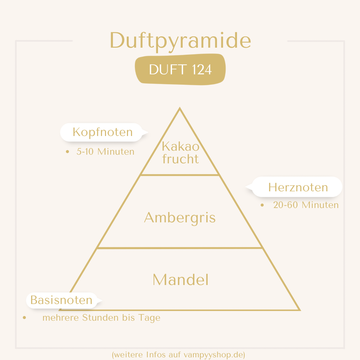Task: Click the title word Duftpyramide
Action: point(180,41)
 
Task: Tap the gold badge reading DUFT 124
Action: point(180,69)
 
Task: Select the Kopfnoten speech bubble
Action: point(104,132)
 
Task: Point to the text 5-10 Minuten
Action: point(105,152)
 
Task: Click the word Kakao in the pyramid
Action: point(181,146)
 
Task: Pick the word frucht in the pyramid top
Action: point(180,159)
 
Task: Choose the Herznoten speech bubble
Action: point(294,187)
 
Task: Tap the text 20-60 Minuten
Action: point(306,205)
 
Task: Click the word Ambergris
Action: point(180,218)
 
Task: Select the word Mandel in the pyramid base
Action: point(181,280)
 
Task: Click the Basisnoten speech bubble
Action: point(64,300)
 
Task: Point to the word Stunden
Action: point(101,318)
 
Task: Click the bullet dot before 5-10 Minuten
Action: point(67,152)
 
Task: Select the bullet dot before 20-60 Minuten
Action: point(262,205)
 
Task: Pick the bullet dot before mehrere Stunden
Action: point(25,318)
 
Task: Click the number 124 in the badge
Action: point(202,69)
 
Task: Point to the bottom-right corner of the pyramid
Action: point(300,310)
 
